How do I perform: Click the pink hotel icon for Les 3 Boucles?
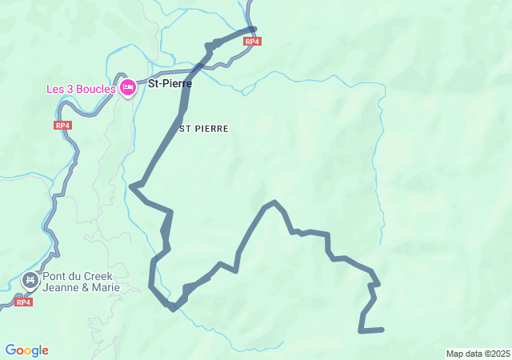[x=127, y=87]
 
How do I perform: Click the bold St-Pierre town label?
[x=170, y=82]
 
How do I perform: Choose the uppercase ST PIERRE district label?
[x=204, y=128]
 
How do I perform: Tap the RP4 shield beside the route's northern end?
[x=252, y=42]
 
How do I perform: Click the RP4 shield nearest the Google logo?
[x=23, y=302]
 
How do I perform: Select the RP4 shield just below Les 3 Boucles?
[x=63, y=126]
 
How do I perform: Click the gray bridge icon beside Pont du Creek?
[x=30, y=280]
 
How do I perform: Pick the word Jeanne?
[x=61, y=288]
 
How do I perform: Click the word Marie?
[x=105, y=288]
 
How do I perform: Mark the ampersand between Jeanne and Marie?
[x=84, y=288]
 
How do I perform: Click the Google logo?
[x=26, y=350]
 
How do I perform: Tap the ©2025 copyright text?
[x=498, y=354]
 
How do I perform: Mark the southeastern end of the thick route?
[x=382, y=329]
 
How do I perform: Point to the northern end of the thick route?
[x=254, y=30]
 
